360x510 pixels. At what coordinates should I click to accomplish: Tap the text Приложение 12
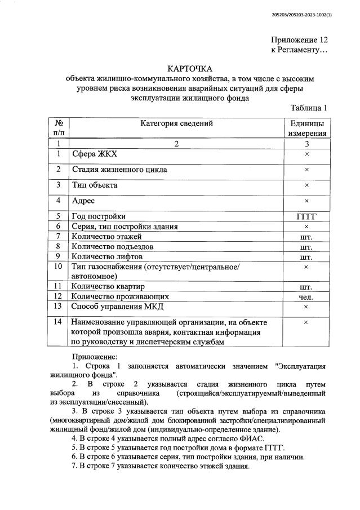(299, 40)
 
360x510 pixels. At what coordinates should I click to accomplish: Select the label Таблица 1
(309, 108)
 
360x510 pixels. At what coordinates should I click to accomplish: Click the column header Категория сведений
(176, 123)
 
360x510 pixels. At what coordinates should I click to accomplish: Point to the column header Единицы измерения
(306, 128)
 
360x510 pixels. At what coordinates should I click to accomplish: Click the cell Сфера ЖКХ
(95, 154)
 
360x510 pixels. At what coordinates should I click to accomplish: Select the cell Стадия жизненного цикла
(119, 169)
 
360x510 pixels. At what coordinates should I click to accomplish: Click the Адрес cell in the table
(83, 201)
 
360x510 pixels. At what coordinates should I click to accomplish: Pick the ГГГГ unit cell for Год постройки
(306, 216)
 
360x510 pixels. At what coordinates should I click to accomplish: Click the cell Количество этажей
(107, 236)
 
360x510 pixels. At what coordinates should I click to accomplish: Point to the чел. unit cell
(306, 296)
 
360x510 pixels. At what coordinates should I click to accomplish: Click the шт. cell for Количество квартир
(306, 286)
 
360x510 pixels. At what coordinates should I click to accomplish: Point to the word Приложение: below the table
(95, 357)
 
